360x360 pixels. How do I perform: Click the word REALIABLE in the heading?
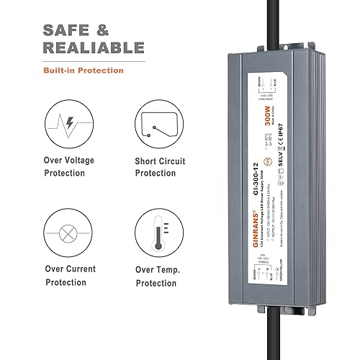93,48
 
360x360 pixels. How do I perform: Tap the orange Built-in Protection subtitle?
83,71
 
